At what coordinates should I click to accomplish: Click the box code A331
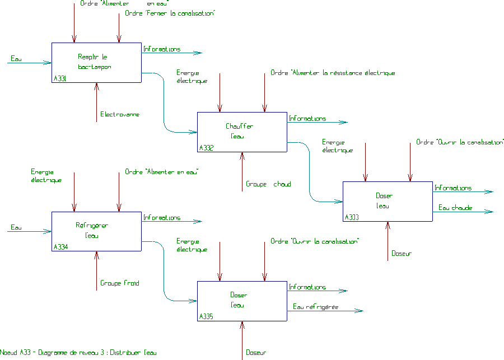[x=60, y=78]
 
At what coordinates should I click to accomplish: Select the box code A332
[x=206, y=148]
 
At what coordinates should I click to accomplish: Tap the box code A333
[x=352, y=217]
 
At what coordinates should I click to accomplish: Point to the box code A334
[x=60, y=247]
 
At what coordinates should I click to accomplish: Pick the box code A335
[x=206, y=316]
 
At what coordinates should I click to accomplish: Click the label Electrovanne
[x=120, y=114]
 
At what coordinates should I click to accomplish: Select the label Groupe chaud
[x=268, y=184]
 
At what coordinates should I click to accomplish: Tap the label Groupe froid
[x=120, y=283]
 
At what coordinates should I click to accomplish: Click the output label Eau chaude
[x=455, y=208]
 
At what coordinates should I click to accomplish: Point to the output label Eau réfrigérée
[x=316, y=307]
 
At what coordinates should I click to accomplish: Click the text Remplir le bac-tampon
[x=94, y=62]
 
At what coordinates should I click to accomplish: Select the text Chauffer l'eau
[x=239, y=131]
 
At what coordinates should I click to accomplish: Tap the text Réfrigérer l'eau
[x=92, y=230]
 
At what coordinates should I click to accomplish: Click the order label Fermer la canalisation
[x=170, y=13]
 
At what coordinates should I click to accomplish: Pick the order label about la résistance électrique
[x=333, y=73]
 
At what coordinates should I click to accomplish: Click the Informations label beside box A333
[x=453, y=188]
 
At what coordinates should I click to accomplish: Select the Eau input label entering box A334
[x=16, y=227]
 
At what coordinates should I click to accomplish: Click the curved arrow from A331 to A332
[x=164, y=102]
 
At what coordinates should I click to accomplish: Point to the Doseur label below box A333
[x=402, y=253]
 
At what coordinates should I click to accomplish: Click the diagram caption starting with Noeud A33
[x=78, y=353]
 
